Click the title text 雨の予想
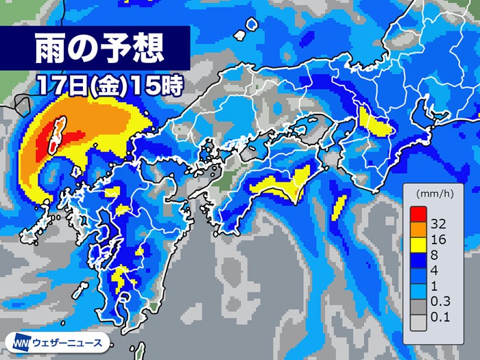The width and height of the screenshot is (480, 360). pos(99,48)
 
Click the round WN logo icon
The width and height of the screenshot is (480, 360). pos(15,341)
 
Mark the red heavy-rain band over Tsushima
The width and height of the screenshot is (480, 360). pos(50,136)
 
